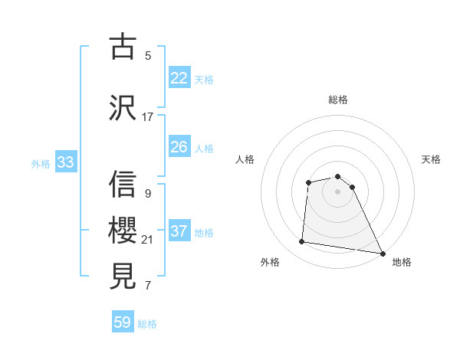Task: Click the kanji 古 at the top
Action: point(123,47)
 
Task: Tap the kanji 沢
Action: point(123,108)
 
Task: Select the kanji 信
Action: point(123,185)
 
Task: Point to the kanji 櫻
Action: point(123,230)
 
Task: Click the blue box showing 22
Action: point(179,78)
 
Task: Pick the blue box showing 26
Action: point(179,147)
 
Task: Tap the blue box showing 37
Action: point(179,231)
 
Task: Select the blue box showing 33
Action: point(65,162)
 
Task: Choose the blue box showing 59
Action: point(123,322)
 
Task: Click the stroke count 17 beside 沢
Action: point(148,117)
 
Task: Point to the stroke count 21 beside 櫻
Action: point(148,240)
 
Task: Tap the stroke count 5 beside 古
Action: point(148,56)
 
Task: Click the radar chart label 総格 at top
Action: point(338,100)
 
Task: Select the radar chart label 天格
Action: point(431,159)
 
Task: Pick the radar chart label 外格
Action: point(270,263)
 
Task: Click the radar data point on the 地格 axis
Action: point(383,253)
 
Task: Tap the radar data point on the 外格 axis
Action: point(302,242)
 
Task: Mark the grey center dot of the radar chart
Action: point(338,191)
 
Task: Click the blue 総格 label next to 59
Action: point(147,324)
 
